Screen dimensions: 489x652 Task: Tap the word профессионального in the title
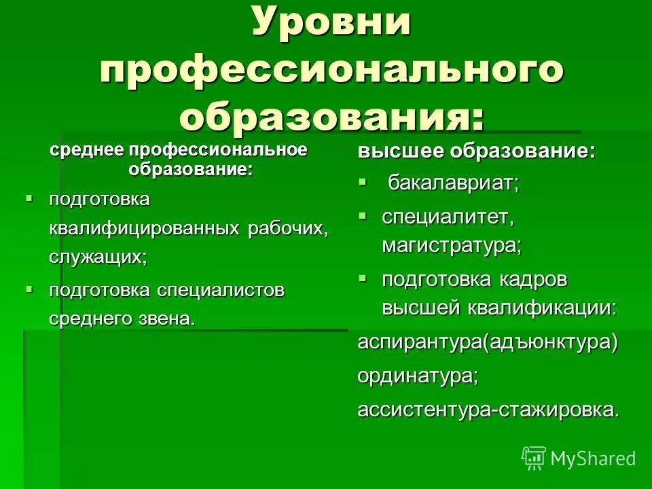[x=332, y=70]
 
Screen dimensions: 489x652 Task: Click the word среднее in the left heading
[x=88, y=149]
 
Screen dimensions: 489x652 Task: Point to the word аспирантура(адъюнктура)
[x=488, y=342]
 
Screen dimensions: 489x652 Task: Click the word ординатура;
[x=418, y=376]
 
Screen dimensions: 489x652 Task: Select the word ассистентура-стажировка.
[x=488, y=410]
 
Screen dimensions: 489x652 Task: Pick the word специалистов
[x=221, y=291]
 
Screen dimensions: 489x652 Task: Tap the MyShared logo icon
[x=534, y=458]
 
